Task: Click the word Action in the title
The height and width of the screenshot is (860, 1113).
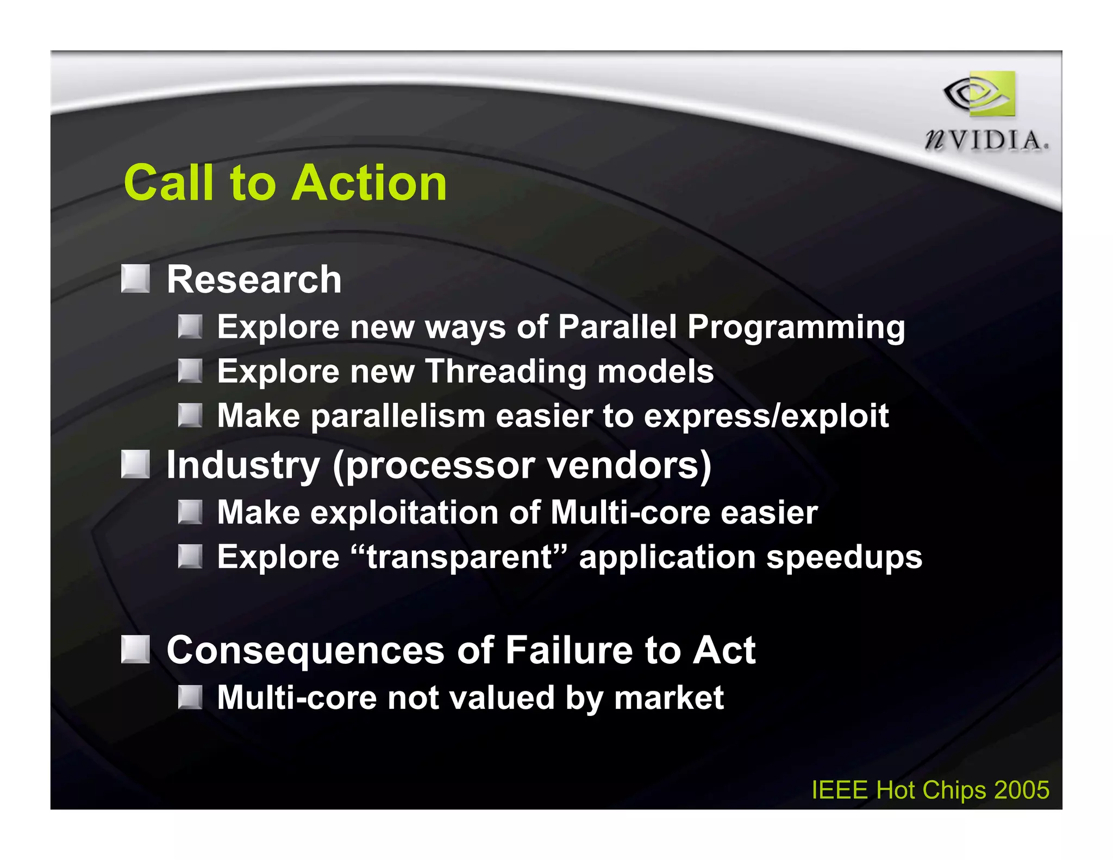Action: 370,183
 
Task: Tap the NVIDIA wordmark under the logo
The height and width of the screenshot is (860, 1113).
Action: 986,140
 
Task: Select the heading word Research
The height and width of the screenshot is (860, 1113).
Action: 254,279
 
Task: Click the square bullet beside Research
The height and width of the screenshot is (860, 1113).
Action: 135,278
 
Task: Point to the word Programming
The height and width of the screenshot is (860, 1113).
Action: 796,327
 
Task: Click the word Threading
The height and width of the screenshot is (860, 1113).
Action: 505,371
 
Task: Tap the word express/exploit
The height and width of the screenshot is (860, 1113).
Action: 766,416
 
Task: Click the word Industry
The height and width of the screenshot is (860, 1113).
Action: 243,465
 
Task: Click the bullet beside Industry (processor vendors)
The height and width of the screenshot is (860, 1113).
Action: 135,464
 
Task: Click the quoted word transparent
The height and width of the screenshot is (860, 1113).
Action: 460,557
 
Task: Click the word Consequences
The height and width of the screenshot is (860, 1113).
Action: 305,650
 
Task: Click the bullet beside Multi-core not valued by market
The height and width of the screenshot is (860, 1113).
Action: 190,697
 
